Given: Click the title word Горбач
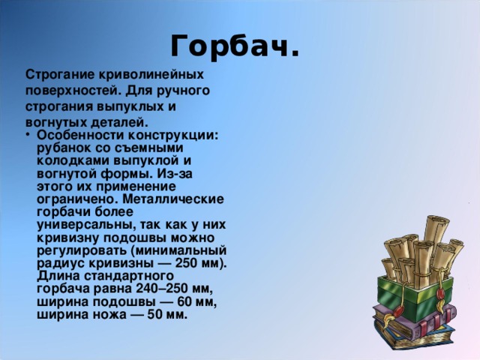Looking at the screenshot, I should click(x=235, y=46).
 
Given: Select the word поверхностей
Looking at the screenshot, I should click(x=67, y=91).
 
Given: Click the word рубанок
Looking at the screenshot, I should click(x=61, y=148).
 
